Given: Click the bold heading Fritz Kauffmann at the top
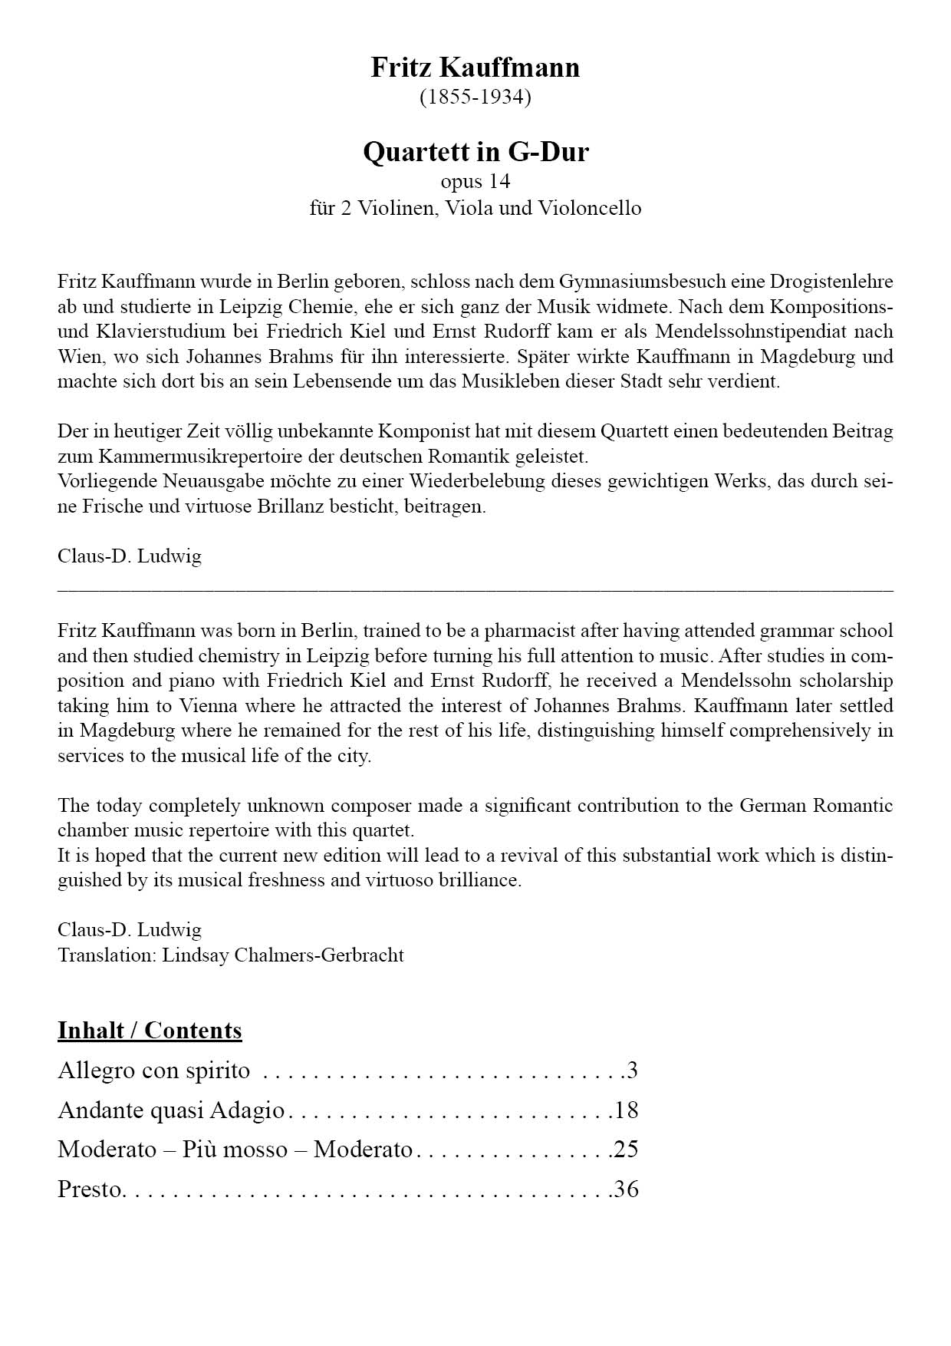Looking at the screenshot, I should coord(475,68).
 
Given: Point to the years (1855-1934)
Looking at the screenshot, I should coord(475,97).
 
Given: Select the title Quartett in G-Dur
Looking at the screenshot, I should coord(475,151).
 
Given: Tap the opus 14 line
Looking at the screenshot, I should coord(475,181).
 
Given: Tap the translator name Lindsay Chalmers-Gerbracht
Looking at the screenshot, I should coord(283,955).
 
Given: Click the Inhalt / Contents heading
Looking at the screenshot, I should coord(150,1030).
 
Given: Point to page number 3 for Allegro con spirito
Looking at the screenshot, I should coord(632,1070).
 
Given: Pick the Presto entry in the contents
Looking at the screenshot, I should coord(90,1189).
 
